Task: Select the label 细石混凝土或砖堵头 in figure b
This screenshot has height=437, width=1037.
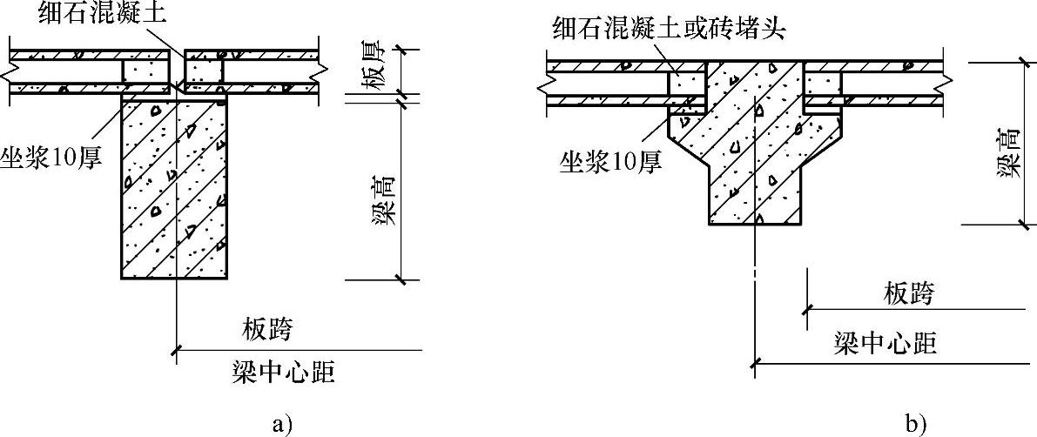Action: pyautogui.click(x=669, y=29)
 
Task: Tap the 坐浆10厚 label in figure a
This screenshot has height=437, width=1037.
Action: pyautogui.click(x=57, y=159)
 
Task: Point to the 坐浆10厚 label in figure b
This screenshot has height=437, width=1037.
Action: pyautogui.click(x=610, y=159)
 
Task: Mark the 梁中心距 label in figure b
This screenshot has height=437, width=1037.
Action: pyautogui.click(x=885, y=343)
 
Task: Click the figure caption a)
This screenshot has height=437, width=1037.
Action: pyautogui.click(x=280, y=425)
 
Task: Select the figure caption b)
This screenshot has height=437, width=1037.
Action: pyautogui.click(x=914, y=425)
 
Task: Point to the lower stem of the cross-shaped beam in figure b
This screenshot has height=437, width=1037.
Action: pyautogui.click(x=753, y=196)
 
